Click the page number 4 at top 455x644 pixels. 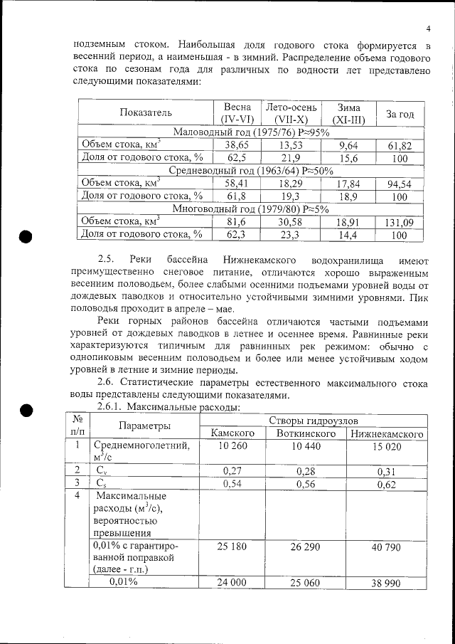pyautogui.click(x=429, y=28)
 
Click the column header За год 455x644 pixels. pyautogui.click(x=400, y=113)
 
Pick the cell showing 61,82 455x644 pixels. pyautogui.click(x=400, y=145)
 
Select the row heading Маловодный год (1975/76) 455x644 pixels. pyautogui.click(x=252, y=132)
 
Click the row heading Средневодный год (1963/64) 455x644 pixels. pyautogui.click(x=250, y=170)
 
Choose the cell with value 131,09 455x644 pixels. pyautogui.click(x=400, y=223)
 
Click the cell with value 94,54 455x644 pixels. pyautogui.click(x=400, y=184)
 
